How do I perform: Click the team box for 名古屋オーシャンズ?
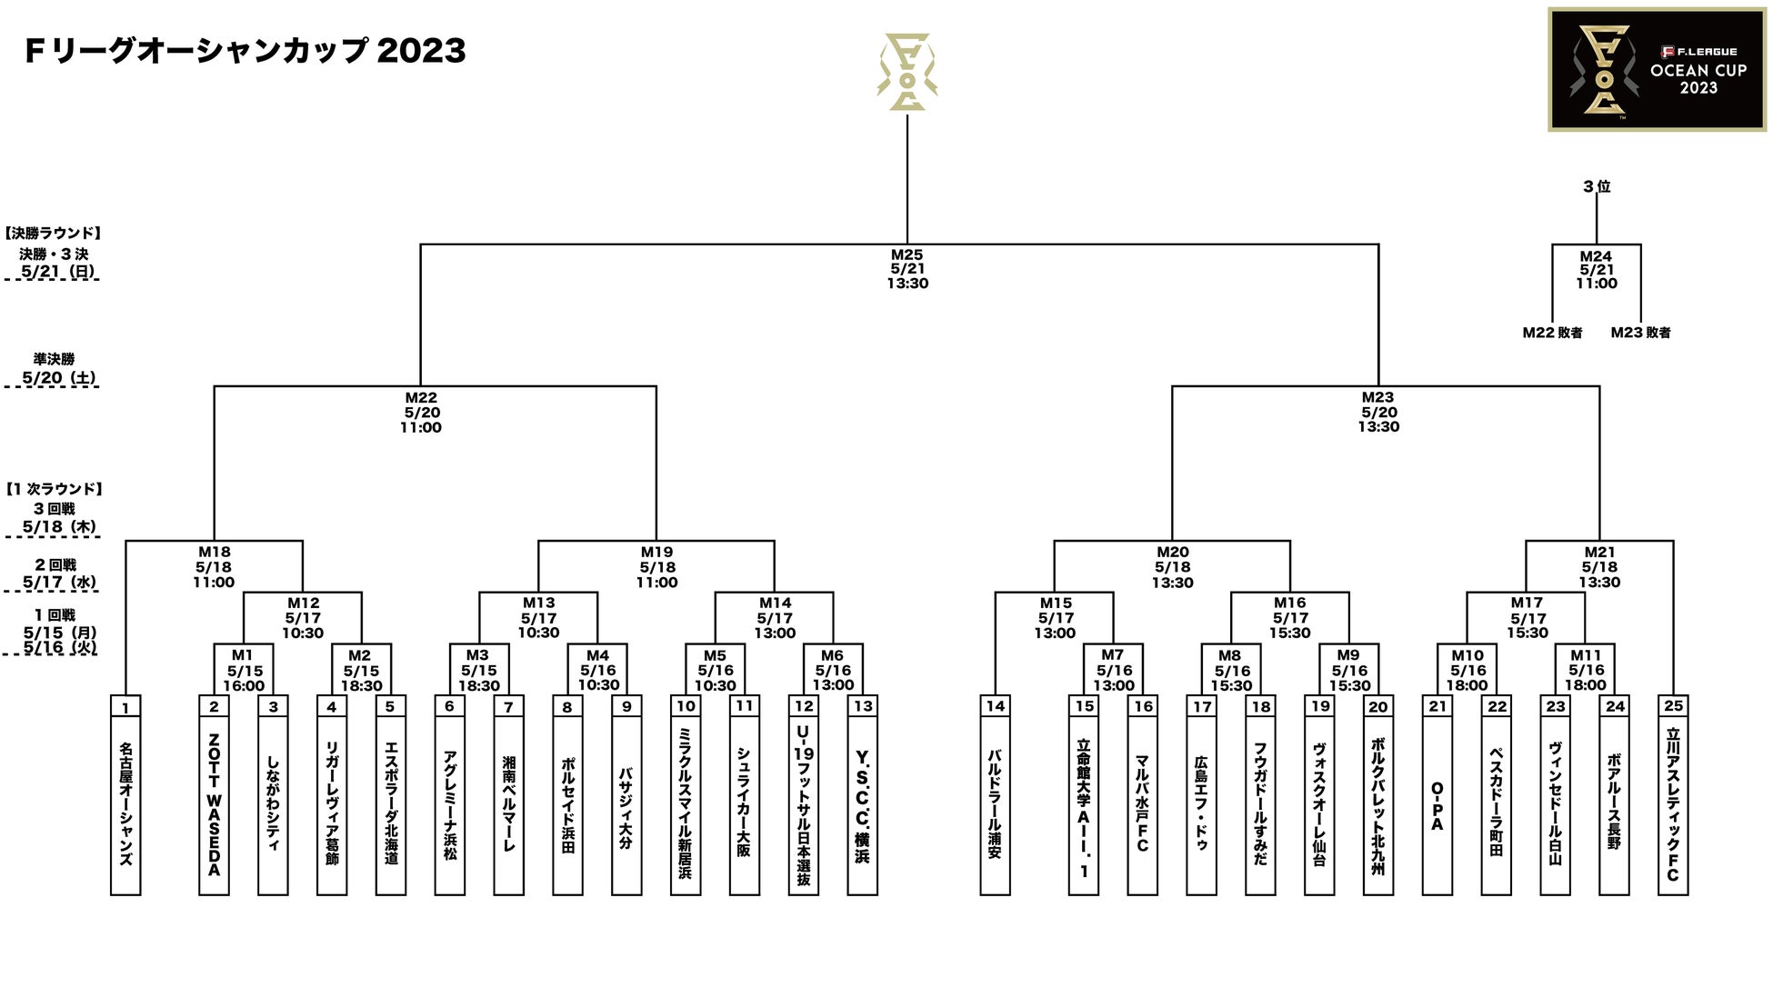(125, 805)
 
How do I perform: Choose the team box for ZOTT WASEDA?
(214, 805)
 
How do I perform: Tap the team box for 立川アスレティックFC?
(1673, 805)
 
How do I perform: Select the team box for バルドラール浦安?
(996, 805)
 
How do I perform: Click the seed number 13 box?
(863, 706)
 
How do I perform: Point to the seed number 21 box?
(1437, 706)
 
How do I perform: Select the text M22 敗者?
(1552, 333)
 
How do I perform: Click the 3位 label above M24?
(1597, 186)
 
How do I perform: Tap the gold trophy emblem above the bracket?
(907, 73)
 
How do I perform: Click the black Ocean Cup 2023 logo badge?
(1657, 70)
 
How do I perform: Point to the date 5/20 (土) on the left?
(59, 378)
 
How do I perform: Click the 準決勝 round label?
(55, 359)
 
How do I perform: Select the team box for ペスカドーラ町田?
(1497, 805)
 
